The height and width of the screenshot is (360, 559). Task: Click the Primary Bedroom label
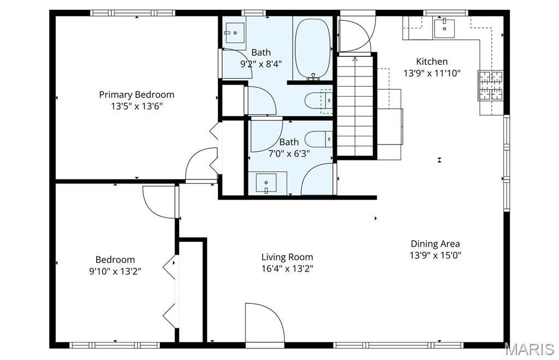click(136, 95)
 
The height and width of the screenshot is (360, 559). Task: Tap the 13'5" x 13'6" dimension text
click(136, 106)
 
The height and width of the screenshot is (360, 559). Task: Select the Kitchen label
click(432, 62)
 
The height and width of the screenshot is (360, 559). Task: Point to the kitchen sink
click(444, 28)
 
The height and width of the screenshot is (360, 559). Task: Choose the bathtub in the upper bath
click(313, 48)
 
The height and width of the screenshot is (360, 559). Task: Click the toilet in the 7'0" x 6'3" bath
click(319, 139)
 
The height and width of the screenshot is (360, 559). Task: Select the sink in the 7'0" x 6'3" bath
click(266, 183)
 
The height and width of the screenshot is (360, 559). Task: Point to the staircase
click(355, 106)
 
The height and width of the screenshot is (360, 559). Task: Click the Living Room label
click(287, 257)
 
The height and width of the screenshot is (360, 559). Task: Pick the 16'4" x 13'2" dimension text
click(287, 268)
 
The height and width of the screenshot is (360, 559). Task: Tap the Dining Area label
click(435, 244)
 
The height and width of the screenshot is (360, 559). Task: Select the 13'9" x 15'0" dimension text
click(435, 255)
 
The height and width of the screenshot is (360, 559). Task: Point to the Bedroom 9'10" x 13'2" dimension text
click(115, 271)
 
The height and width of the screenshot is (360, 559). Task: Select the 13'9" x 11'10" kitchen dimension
click(432, 73)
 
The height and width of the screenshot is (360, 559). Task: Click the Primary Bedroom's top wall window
click(132, 13)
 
